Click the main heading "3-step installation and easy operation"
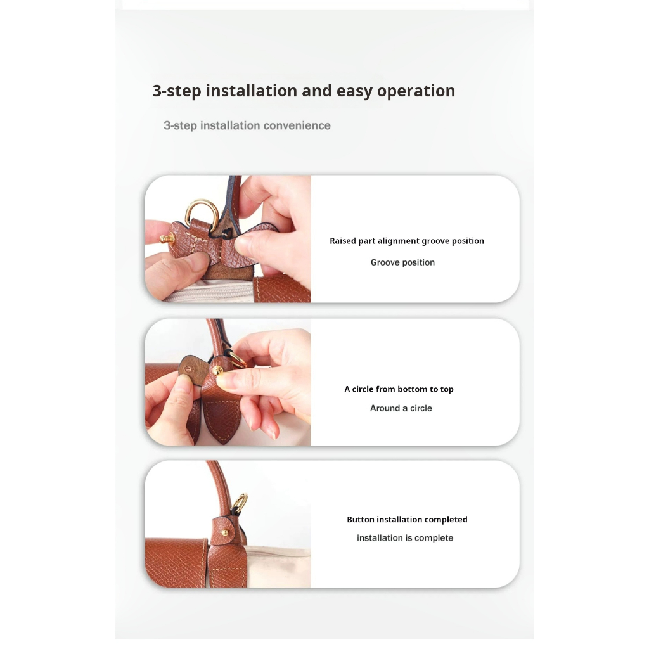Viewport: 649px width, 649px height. point(304,91)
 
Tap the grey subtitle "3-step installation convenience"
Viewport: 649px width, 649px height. point(247,125)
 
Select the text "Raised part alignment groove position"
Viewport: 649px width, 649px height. point(407,241)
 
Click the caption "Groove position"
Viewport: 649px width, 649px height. point(402,262)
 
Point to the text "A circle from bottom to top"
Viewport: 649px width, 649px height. point(399,389)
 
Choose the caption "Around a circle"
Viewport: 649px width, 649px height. point(401,408)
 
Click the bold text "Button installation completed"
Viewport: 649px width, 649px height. point(408,520)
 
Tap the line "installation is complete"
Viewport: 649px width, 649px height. point(405,538)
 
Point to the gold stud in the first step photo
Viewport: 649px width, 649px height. point(167,238)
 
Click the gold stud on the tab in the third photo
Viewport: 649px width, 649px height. point(225,532)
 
